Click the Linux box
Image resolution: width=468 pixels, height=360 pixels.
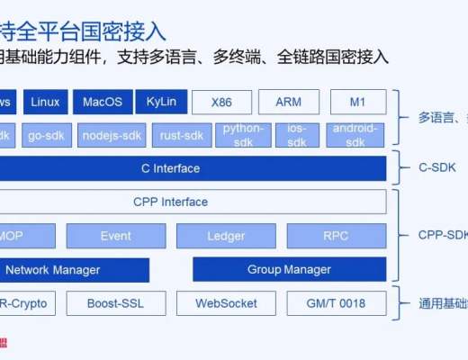point(44,102)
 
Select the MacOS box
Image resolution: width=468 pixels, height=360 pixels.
point(103,102)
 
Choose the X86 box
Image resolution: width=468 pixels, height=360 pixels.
point(221,102)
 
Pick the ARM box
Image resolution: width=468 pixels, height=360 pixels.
point(289,102)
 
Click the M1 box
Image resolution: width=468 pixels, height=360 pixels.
point(357,102)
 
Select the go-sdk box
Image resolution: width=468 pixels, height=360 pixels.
point(44,134)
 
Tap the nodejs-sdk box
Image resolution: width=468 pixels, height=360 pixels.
point(112,134)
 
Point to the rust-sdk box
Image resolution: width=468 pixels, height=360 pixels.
point(180,134)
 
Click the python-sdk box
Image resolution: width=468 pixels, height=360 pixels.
point(241,134)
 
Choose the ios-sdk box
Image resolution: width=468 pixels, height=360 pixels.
point(296,134)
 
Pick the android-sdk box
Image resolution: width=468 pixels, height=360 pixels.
point(355,134)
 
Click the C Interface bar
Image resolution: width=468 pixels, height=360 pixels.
point(171,168)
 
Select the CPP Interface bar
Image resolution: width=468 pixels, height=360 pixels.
point(171,202)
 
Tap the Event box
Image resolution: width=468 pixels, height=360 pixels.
point(115,236)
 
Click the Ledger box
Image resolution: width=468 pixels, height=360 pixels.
point(225,236)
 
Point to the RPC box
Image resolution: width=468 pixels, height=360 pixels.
point(336,236)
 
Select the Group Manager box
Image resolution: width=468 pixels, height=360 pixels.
point(289,269)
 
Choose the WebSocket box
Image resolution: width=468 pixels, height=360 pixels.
point(226,302)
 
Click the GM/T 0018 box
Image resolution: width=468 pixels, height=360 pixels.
point(336,302)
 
